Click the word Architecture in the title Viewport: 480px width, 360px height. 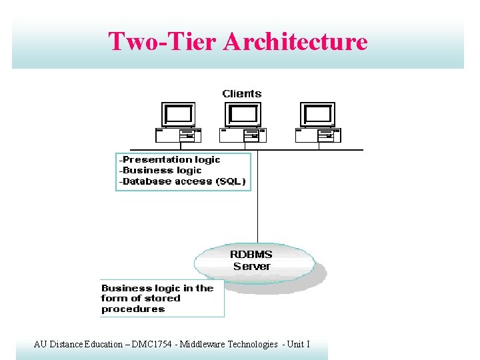(x=295, y=41)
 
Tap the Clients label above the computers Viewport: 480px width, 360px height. (x=242, y=94)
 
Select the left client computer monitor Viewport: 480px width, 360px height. (x=179, y=115)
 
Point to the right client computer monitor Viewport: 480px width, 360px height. (x=317, y=115)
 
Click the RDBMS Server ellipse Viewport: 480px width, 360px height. (x=253, y=261)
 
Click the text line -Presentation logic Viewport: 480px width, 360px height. (x=170, y=159)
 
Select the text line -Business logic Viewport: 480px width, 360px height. (x=160, y=170)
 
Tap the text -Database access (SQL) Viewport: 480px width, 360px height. (x=182, y=181)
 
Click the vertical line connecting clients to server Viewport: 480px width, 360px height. (x=257, y=200)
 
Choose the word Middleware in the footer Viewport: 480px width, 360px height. (x=199, y=344)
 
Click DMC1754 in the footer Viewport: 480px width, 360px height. (x=145, y=344)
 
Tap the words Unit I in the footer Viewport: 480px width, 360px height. (x=297, y=344)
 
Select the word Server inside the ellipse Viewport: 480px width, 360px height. (x=252, y=267)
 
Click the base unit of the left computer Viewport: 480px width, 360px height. (x=178, y=135)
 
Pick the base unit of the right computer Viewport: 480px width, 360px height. (x=317, y=135)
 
